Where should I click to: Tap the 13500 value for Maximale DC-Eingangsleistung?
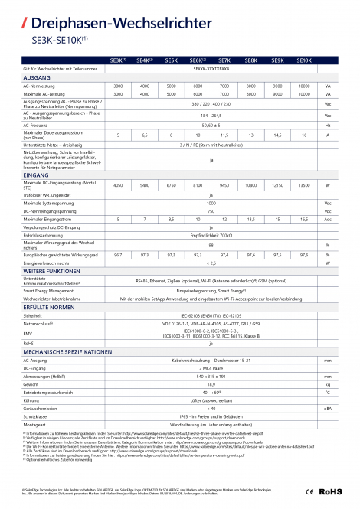tap(303, 186)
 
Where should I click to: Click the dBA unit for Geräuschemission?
tap(328, 409)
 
